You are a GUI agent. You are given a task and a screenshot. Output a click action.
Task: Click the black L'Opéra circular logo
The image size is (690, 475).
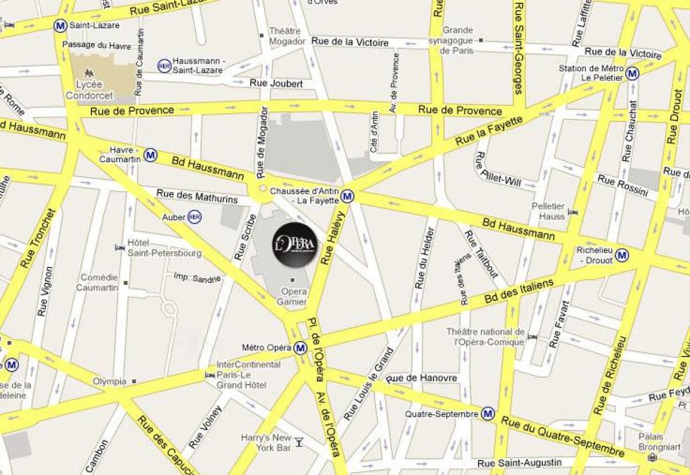point(295,245)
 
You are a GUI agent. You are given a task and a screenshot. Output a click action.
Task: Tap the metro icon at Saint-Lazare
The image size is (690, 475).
point(59,25)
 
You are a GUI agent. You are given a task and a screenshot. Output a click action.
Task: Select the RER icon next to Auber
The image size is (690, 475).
point(194,217)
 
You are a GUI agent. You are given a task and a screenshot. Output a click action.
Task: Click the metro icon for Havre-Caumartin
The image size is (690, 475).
point(151,155)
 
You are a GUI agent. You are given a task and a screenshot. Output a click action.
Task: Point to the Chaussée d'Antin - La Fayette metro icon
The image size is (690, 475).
point(347,196)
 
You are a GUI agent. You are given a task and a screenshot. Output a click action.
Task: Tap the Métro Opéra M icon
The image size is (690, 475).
point(300,348)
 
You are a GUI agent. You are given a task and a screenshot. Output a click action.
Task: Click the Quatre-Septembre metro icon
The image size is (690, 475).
point(488,413)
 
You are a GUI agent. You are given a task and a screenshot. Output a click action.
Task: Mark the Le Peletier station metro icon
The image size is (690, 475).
point(632,74)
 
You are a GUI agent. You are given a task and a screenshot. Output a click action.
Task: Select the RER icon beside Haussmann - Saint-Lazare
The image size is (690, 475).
point(164,66)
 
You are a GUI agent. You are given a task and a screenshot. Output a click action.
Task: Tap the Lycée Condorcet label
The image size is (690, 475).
point(89,90)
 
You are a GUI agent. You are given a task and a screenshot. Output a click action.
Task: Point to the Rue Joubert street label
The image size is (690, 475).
point(276,83)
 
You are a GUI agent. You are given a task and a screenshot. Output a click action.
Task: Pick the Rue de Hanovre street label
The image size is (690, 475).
point(423,378)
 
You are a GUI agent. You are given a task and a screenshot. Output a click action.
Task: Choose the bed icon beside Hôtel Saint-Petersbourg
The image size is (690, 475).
point(120,247)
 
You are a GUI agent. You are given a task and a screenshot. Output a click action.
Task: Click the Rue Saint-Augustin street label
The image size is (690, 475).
point(519,463)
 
